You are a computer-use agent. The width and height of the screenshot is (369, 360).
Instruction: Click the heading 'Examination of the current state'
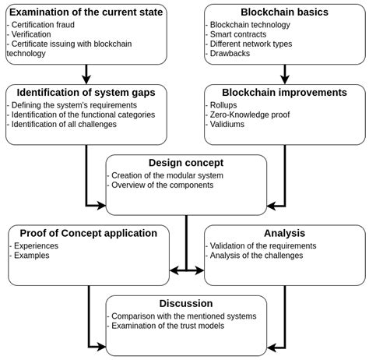(x=86, y=12)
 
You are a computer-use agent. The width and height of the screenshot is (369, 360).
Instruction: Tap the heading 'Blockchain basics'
(x=284, y=12)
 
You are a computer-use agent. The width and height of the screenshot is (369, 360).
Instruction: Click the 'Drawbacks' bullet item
(x=230, y=54)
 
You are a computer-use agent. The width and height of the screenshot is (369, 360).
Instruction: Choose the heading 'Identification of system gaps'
(x=86, y=93)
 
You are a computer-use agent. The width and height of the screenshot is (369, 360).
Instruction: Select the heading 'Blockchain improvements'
(x=284, y=93)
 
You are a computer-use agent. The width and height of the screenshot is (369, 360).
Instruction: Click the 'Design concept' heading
(x=186, y=163)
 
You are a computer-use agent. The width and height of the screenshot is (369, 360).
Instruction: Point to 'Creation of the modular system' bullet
(x=167, y=175)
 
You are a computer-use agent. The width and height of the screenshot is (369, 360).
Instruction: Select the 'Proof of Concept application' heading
(x=88, y=233)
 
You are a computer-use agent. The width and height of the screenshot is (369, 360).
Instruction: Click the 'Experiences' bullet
(x=37, y=245)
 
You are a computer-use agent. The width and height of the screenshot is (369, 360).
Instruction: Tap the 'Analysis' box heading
(x=284, y=233)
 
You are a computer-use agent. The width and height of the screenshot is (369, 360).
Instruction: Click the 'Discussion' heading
(x=186, y=303)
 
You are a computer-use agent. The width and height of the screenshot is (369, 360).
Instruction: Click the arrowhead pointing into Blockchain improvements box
(x=284, y=79)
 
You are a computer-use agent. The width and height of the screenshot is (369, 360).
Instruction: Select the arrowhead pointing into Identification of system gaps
(x=86, y=79)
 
